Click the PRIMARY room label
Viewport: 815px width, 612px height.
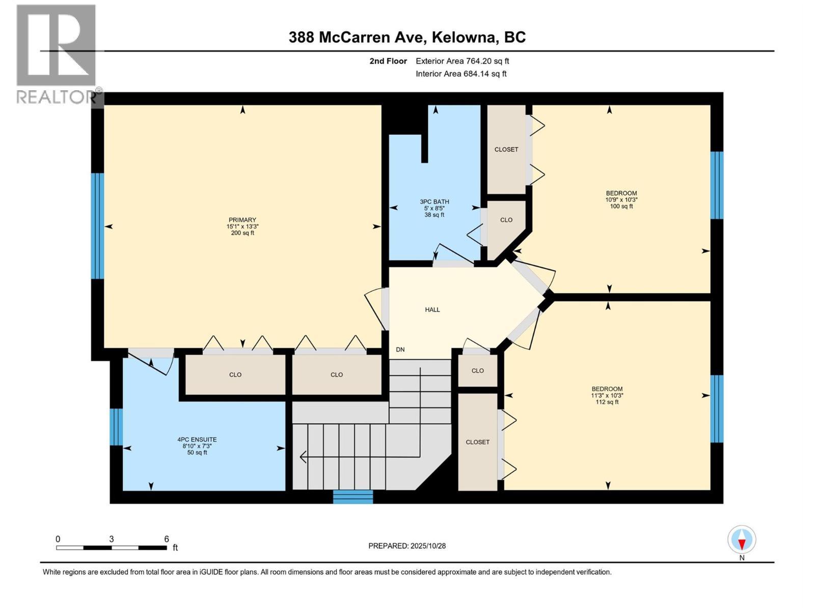[242, 220]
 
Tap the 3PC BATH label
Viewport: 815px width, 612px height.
[434, 202]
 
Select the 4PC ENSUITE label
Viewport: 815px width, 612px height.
[197, 440]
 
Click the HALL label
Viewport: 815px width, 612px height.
[432, 310]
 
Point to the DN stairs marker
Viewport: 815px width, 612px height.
[400, 350]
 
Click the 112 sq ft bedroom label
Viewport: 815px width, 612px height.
[607, 395]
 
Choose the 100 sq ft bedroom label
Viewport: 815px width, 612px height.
[621, 199]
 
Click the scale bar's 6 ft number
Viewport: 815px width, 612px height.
[166, 539]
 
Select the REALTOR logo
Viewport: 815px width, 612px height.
[56, 54]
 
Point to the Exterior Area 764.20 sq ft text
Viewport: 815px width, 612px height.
[462, 61]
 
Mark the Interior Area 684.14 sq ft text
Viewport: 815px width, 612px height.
[461, 74]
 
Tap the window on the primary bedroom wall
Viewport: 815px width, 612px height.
[97, 226]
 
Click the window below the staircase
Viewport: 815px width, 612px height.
[353, 497]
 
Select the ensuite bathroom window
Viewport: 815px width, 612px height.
[116, 427]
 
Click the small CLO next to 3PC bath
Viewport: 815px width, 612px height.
[506, 220]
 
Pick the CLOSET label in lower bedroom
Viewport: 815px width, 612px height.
[477, 442]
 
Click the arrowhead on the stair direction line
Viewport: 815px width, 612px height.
[303, 457]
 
